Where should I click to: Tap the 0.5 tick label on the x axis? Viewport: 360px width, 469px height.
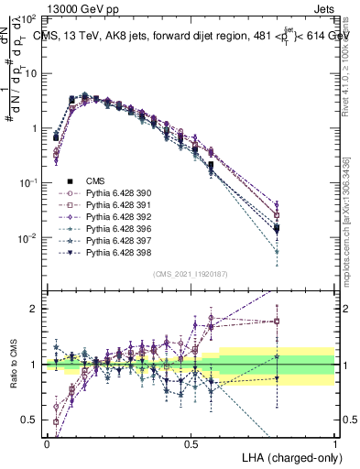pos(191,443)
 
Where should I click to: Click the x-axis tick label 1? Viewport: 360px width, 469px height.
pos(335,443)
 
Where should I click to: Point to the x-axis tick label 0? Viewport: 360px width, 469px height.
pos(47,443)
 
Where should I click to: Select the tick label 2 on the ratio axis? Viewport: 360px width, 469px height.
pos(35,309)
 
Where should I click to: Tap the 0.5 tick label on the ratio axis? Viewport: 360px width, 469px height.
pos(31,420)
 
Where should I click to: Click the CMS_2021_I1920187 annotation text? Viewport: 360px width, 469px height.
pos(191,274)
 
